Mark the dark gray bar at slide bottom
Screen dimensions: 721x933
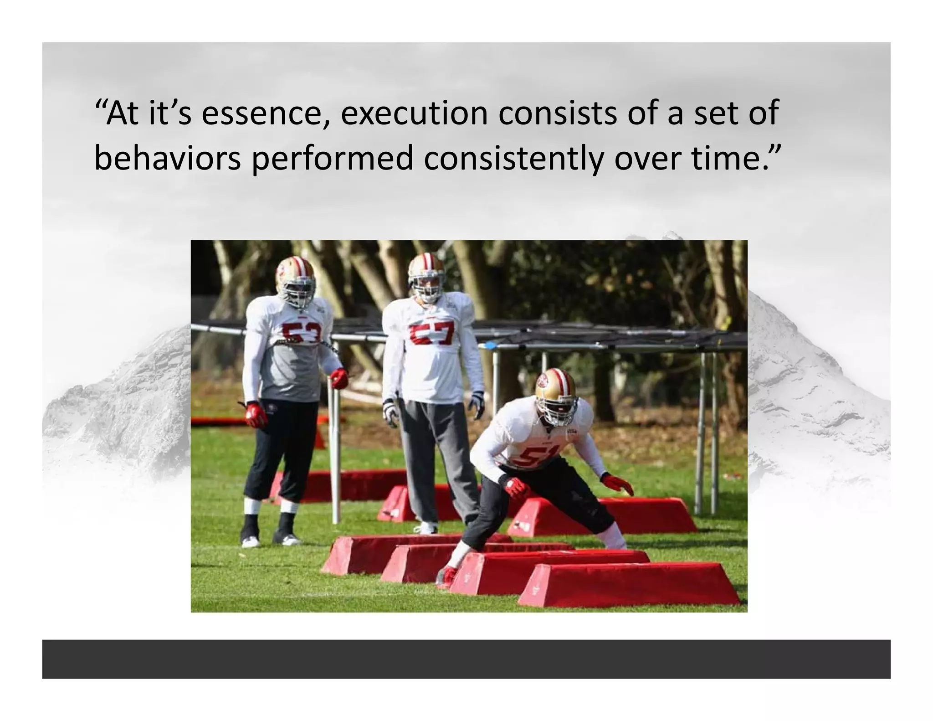[466, 659]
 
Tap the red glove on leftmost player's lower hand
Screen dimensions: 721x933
[256, 414]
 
